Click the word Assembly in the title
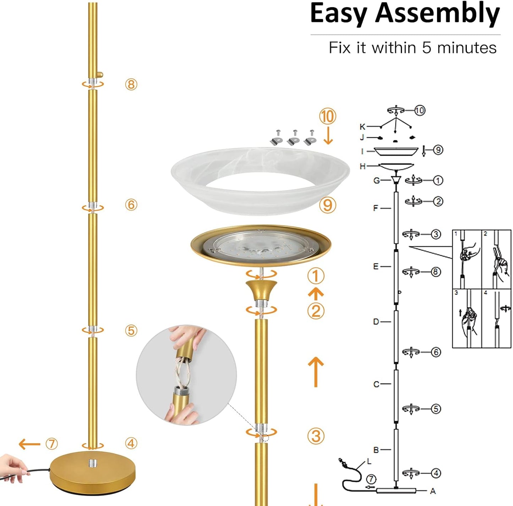pos(437,14)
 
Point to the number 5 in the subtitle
pos(426,48)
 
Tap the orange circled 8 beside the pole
pos(131,84)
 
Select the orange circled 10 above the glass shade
pos(327,116)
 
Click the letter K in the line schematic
pos(362,127)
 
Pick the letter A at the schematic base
pos(432,491)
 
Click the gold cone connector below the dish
pos(261,289)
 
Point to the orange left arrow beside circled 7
pos(29,444)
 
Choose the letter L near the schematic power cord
pos(369,461)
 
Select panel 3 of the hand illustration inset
pos(466,318)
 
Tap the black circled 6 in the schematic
pos(436,352)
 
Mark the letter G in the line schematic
pos(377,180)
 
